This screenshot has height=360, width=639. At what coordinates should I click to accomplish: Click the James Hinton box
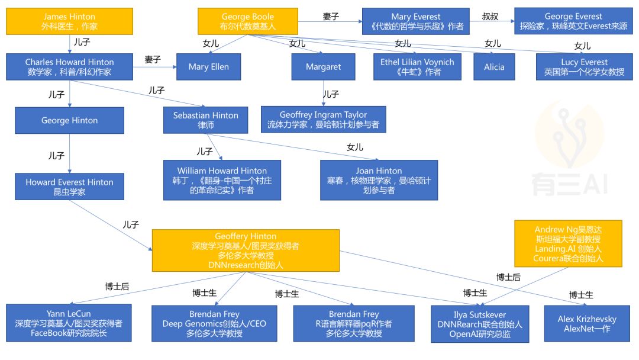point(69,21)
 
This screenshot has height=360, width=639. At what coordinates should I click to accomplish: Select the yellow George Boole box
point(248,21)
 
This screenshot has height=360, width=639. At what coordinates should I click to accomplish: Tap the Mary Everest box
point(413,21)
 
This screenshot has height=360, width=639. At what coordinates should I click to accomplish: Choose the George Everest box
point(573,21)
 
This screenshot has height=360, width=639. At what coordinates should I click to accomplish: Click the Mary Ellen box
point(208,67)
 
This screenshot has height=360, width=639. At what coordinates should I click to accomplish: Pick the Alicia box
point(494,67)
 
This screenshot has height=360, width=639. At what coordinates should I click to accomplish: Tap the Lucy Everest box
point(584,66)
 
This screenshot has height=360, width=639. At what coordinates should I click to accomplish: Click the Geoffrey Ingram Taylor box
point(323,120)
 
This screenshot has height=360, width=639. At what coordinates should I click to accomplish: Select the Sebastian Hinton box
point(205,120)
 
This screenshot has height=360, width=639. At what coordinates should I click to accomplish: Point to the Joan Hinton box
point(379,180)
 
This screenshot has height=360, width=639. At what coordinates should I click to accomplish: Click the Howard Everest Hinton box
point(69,187)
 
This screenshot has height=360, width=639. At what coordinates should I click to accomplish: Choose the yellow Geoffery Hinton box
point(246,250)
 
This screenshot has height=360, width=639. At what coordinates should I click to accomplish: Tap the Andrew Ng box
point(568,243)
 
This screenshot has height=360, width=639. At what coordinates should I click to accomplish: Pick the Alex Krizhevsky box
point(586,323)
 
